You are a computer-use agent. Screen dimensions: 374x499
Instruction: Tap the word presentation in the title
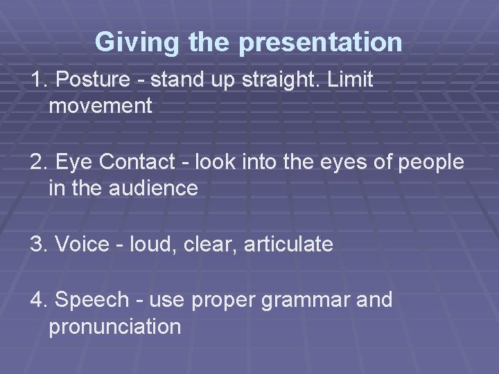320,44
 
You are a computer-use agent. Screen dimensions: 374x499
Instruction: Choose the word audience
154,188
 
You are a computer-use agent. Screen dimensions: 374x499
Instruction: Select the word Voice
80,244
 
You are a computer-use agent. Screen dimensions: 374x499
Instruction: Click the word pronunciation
115,326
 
